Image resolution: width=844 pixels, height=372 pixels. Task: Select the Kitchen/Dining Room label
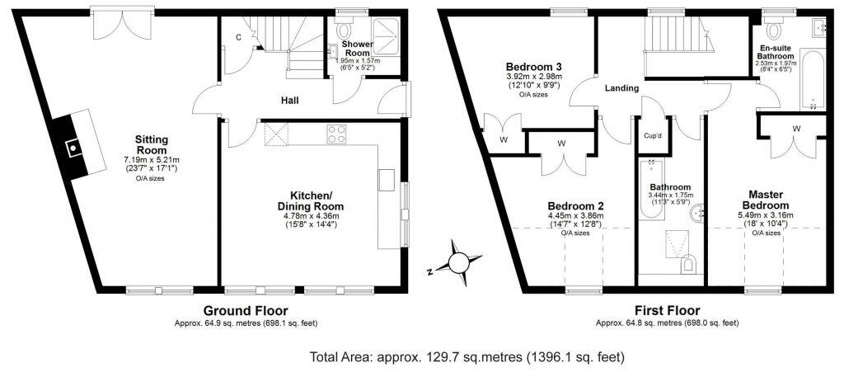point(310,200)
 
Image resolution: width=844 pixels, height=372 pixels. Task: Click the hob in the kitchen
point(337,134)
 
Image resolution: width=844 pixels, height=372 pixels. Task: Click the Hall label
point(288,101)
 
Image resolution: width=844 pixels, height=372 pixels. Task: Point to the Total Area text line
point(467,357)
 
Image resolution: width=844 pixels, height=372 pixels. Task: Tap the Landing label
point(622,88)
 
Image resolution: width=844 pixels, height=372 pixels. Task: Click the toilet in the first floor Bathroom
point(688,264)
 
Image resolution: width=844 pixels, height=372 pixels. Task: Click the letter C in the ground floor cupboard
point(238,38)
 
